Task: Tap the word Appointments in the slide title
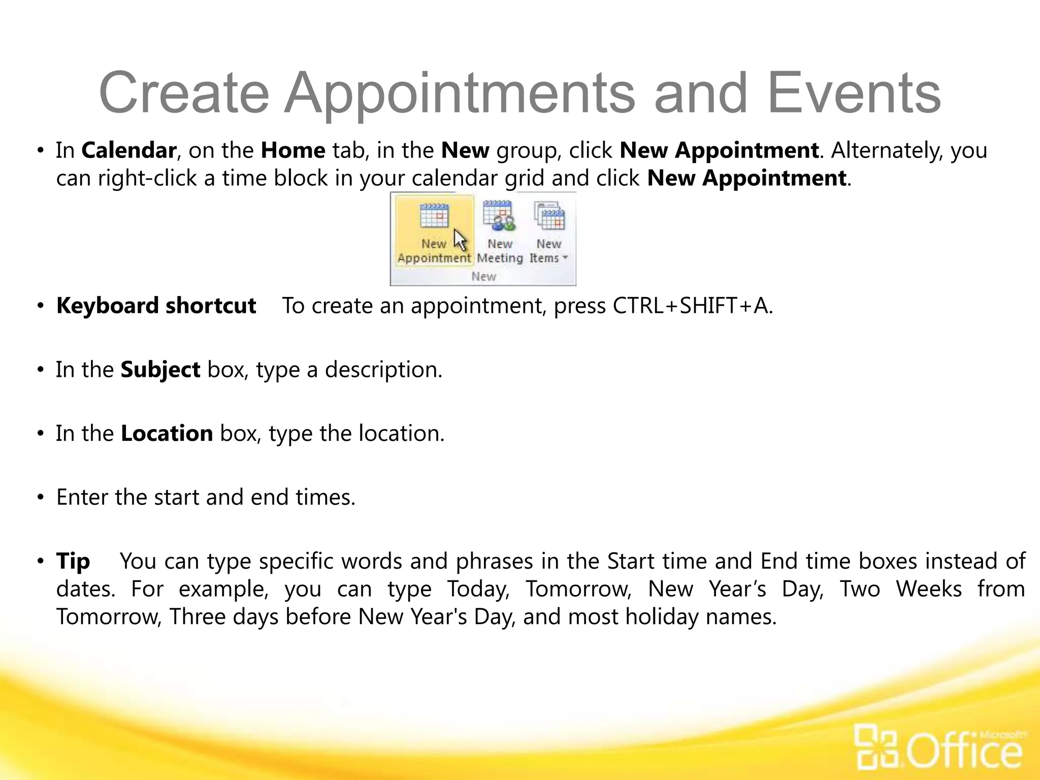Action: (459, 93)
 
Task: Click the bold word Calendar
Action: (128, 151)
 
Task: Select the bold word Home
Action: (293, 151)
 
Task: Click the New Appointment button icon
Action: (434, 216)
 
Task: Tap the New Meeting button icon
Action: (499, 215)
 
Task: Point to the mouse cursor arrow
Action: (460, 240)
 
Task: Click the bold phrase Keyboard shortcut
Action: (156, 306)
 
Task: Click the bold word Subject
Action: (160, 370)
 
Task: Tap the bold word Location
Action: (167, 434)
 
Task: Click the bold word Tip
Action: (73, 562)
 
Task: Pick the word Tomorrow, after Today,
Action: (578, 589)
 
